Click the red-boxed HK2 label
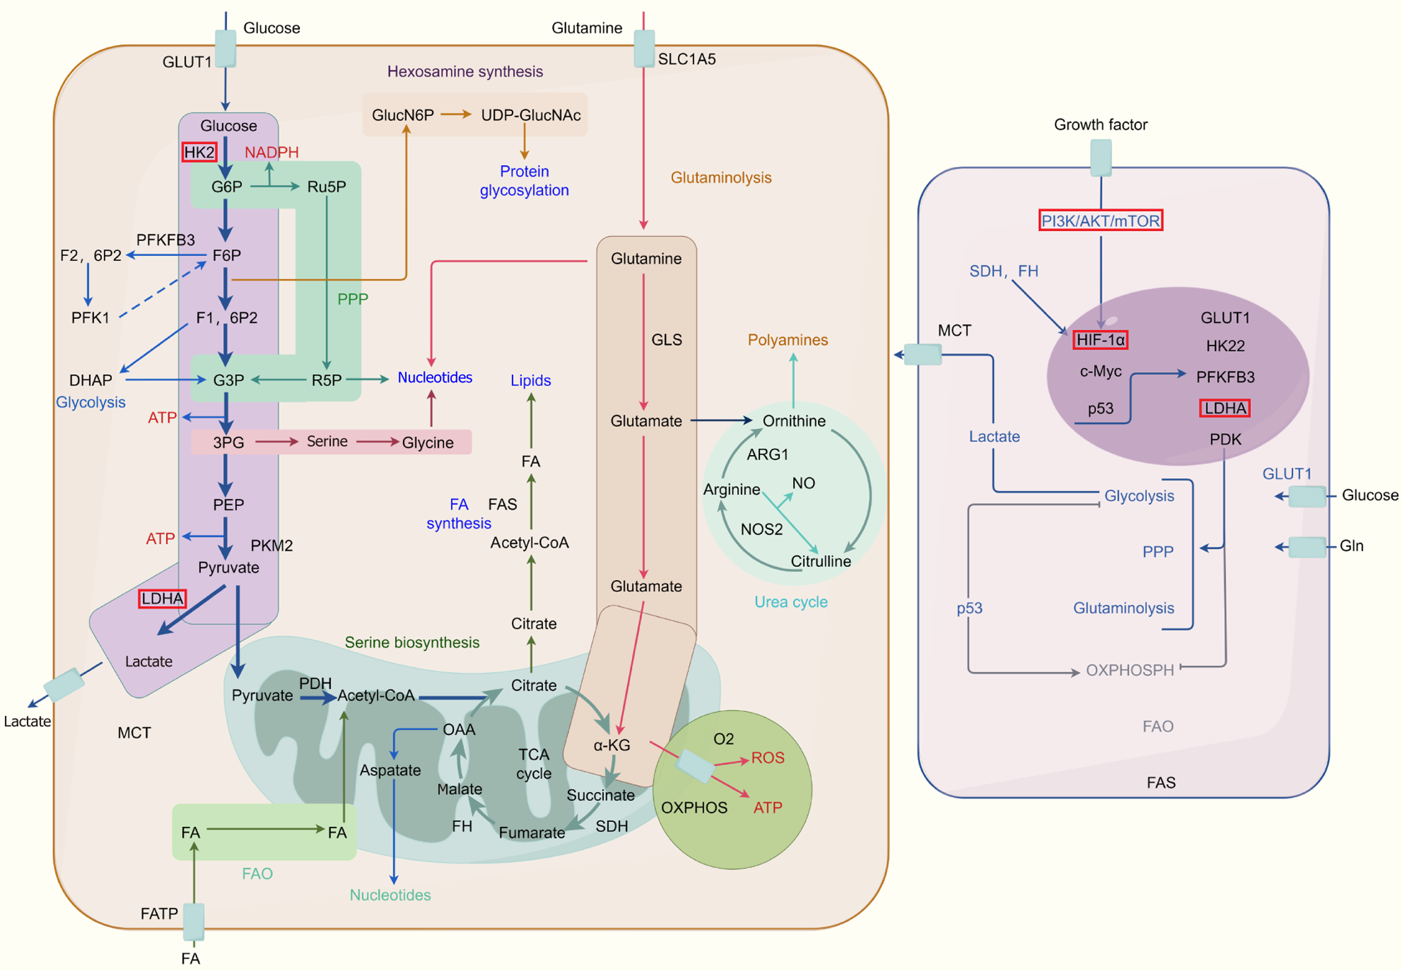[x=199, y=152]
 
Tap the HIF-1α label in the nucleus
[x=1100, y=340]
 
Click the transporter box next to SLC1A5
[x=644, y=49]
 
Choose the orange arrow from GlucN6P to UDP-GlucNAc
[x=456, y=114]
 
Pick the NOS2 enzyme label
[x=761, y=529]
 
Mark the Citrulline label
[x=820, y=561]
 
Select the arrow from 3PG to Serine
[x=276, y=442]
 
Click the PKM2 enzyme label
[x=271, y=545]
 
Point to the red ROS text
[x=767, y=758]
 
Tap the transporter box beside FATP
[x=194, y=921]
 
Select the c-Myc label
[x=1100, y=371]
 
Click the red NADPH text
[x=271, y=152]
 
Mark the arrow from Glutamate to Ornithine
[x=721, y=421]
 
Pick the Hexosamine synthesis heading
[x=465, y=71]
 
